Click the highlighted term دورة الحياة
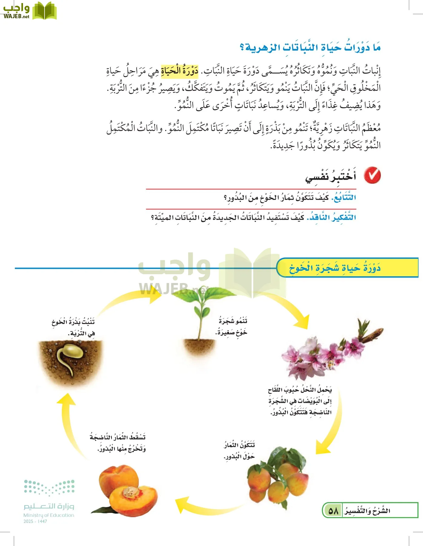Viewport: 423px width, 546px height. click(180, 71)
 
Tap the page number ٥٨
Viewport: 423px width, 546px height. click(333, 511)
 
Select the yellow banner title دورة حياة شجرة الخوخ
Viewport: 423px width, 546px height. click(335, 268)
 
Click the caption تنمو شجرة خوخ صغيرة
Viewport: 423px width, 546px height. click(232, 326)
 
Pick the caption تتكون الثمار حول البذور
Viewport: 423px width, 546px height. click(239, 450)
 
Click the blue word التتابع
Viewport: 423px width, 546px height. click(344, 198)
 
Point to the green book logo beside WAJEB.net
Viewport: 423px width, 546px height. click(44, 11)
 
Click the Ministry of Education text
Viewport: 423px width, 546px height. click(49, 515)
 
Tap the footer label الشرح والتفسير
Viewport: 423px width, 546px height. click(367, 511)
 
